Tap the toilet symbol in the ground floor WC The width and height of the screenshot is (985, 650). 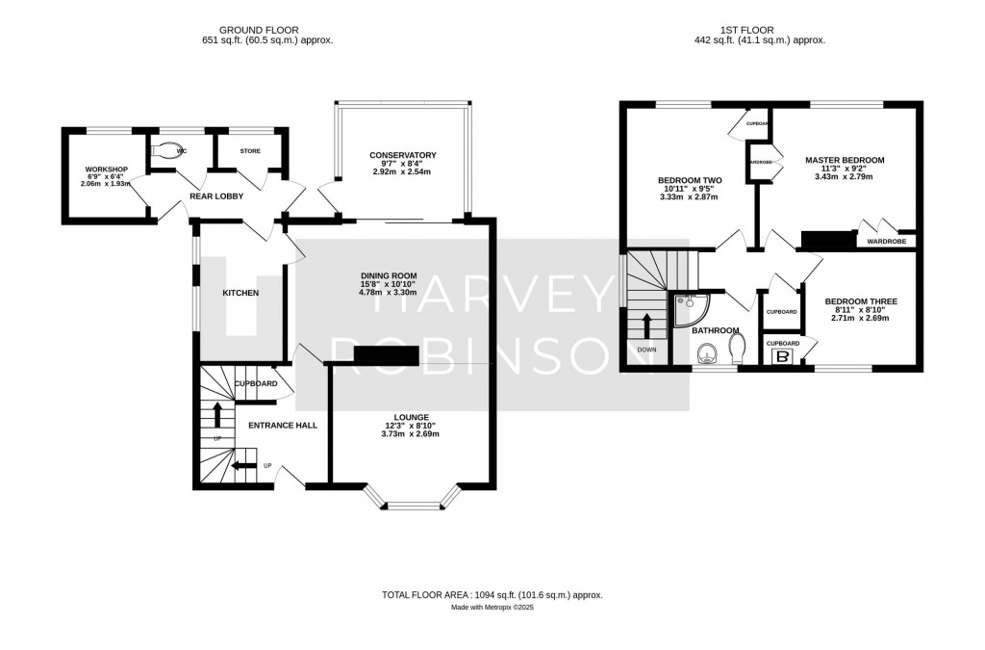tap(169, 151)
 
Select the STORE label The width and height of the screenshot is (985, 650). tap(250, 151)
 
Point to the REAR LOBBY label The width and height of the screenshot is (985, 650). tap(215, 196)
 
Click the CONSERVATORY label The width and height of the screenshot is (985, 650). tap(403, 155)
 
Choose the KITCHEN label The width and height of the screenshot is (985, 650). tap(240, 293)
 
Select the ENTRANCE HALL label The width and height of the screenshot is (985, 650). tap(283, 425)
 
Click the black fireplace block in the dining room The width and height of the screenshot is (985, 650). tap(385, 355)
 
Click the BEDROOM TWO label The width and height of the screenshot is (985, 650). tap(690, 180)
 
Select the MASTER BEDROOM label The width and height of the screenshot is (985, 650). tap(844, 160)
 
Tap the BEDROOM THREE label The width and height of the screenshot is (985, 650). tap(861, 301)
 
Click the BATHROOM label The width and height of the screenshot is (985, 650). tap(716, 330)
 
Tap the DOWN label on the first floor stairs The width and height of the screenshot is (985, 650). tap(646, 350)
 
